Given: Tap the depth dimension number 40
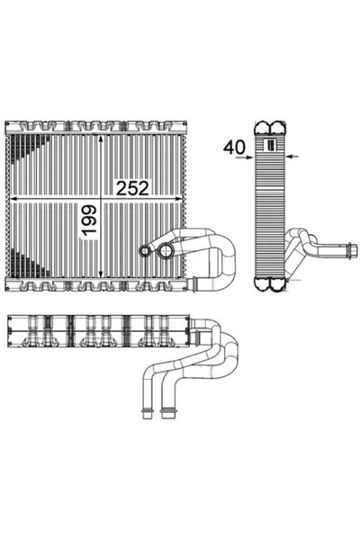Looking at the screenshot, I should (234, 145).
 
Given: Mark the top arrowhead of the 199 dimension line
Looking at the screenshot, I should (100, 140).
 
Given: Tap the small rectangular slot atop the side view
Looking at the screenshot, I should (269, 142).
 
